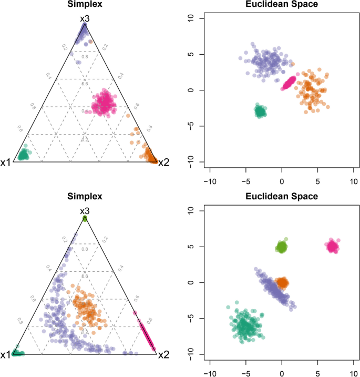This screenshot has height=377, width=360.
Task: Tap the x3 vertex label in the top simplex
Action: [85, 18]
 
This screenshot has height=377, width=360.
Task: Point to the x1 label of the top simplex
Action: [6, 162]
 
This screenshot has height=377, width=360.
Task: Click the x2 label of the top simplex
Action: [163, 162]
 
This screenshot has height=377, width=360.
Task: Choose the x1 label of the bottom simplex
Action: [6, 355]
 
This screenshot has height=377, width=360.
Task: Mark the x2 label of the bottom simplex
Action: [163, 355]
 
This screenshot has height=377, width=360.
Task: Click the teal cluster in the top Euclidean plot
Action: [260, 111]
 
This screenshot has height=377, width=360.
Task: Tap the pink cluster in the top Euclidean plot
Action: [289, 83]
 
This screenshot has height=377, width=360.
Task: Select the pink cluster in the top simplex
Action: [105, 103]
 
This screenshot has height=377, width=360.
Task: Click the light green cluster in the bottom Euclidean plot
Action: [282, 247]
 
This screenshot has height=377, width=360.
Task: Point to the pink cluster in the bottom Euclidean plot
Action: [332, 246]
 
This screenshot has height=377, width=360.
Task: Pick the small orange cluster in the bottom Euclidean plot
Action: [283, 283]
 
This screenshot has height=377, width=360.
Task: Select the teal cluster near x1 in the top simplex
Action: [23, 155]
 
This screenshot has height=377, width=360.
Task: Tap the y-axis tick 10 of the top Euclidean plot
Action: [192, 18]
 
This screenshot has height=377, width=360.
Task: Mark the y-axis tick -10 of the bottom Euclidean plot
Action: [192, 354]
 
